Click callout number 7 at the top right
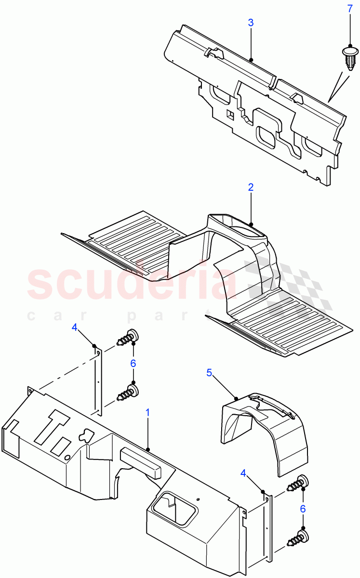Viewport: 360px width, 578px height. coord(350,9)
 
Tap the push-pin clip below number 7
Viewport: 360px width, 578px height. coord(349,57)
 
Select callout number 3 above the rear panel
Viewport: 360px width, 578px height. coord(251,23)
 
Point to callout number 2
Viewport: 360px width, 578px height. coord(251,187)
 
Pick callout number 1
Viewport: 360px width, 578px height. coord(148,413)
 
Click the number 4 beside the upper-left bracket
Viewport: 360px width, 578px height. coord(74,327)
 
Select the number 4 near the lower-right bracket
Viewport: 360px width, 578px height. coord(243,474)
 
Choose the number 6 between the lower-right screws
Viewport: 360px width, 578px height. coord(303,509)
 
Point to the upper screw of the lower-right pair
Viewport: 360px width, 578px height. coord(298,483)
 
